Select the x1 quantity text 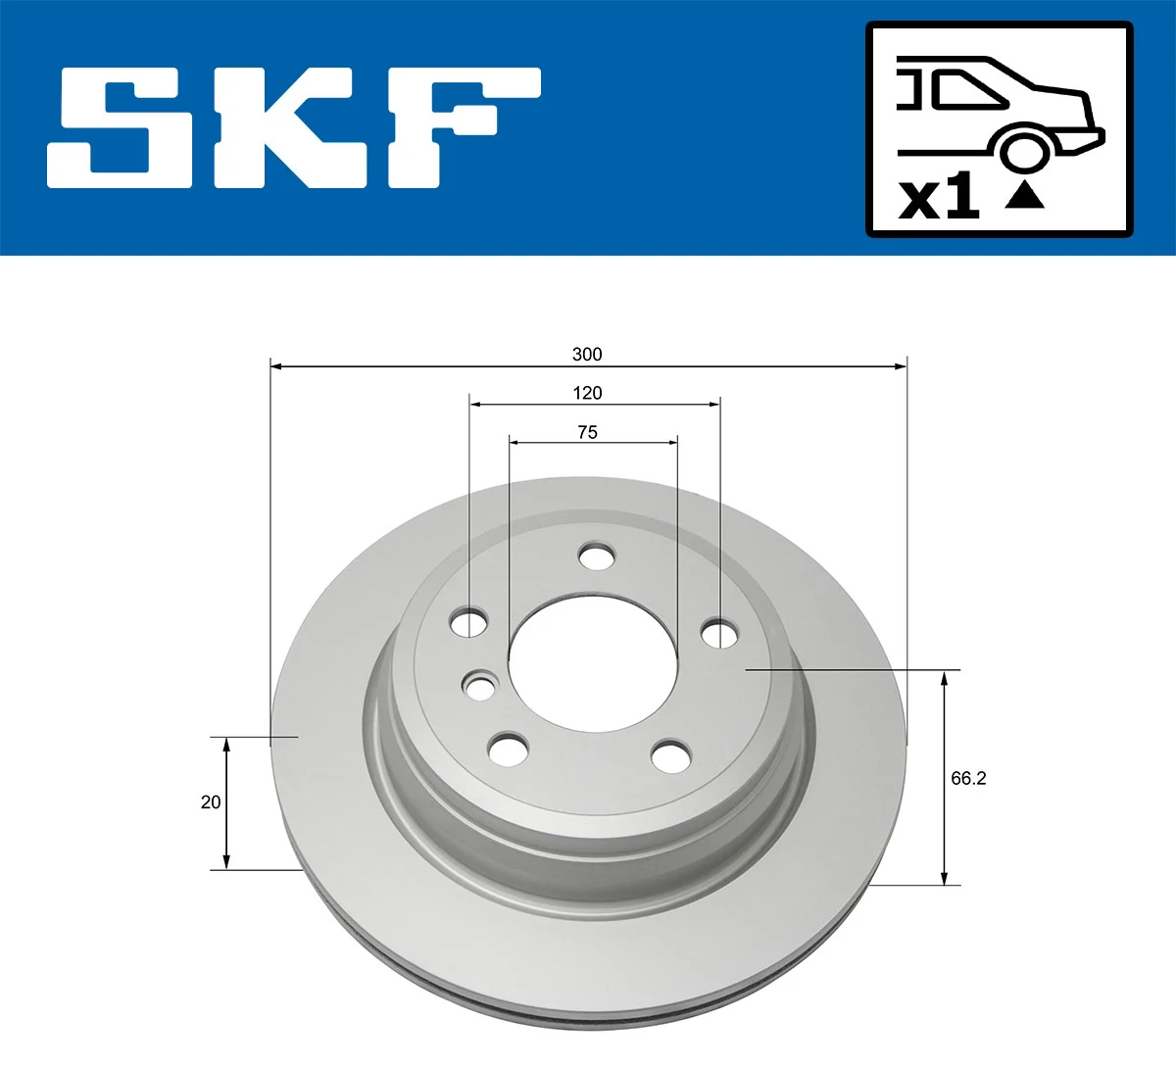(939, 196)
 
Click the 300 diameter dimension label (587, 354)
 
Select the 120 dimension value (587, 393)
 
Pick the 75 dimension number (587, 432)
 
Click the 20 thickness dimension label (211, 802)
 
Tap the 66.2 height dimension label (968, 778)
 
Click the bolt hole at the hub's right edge (720, 633)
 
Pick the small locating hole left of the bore (479, 687)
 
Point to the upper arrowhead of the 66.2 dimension (945, 677)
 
